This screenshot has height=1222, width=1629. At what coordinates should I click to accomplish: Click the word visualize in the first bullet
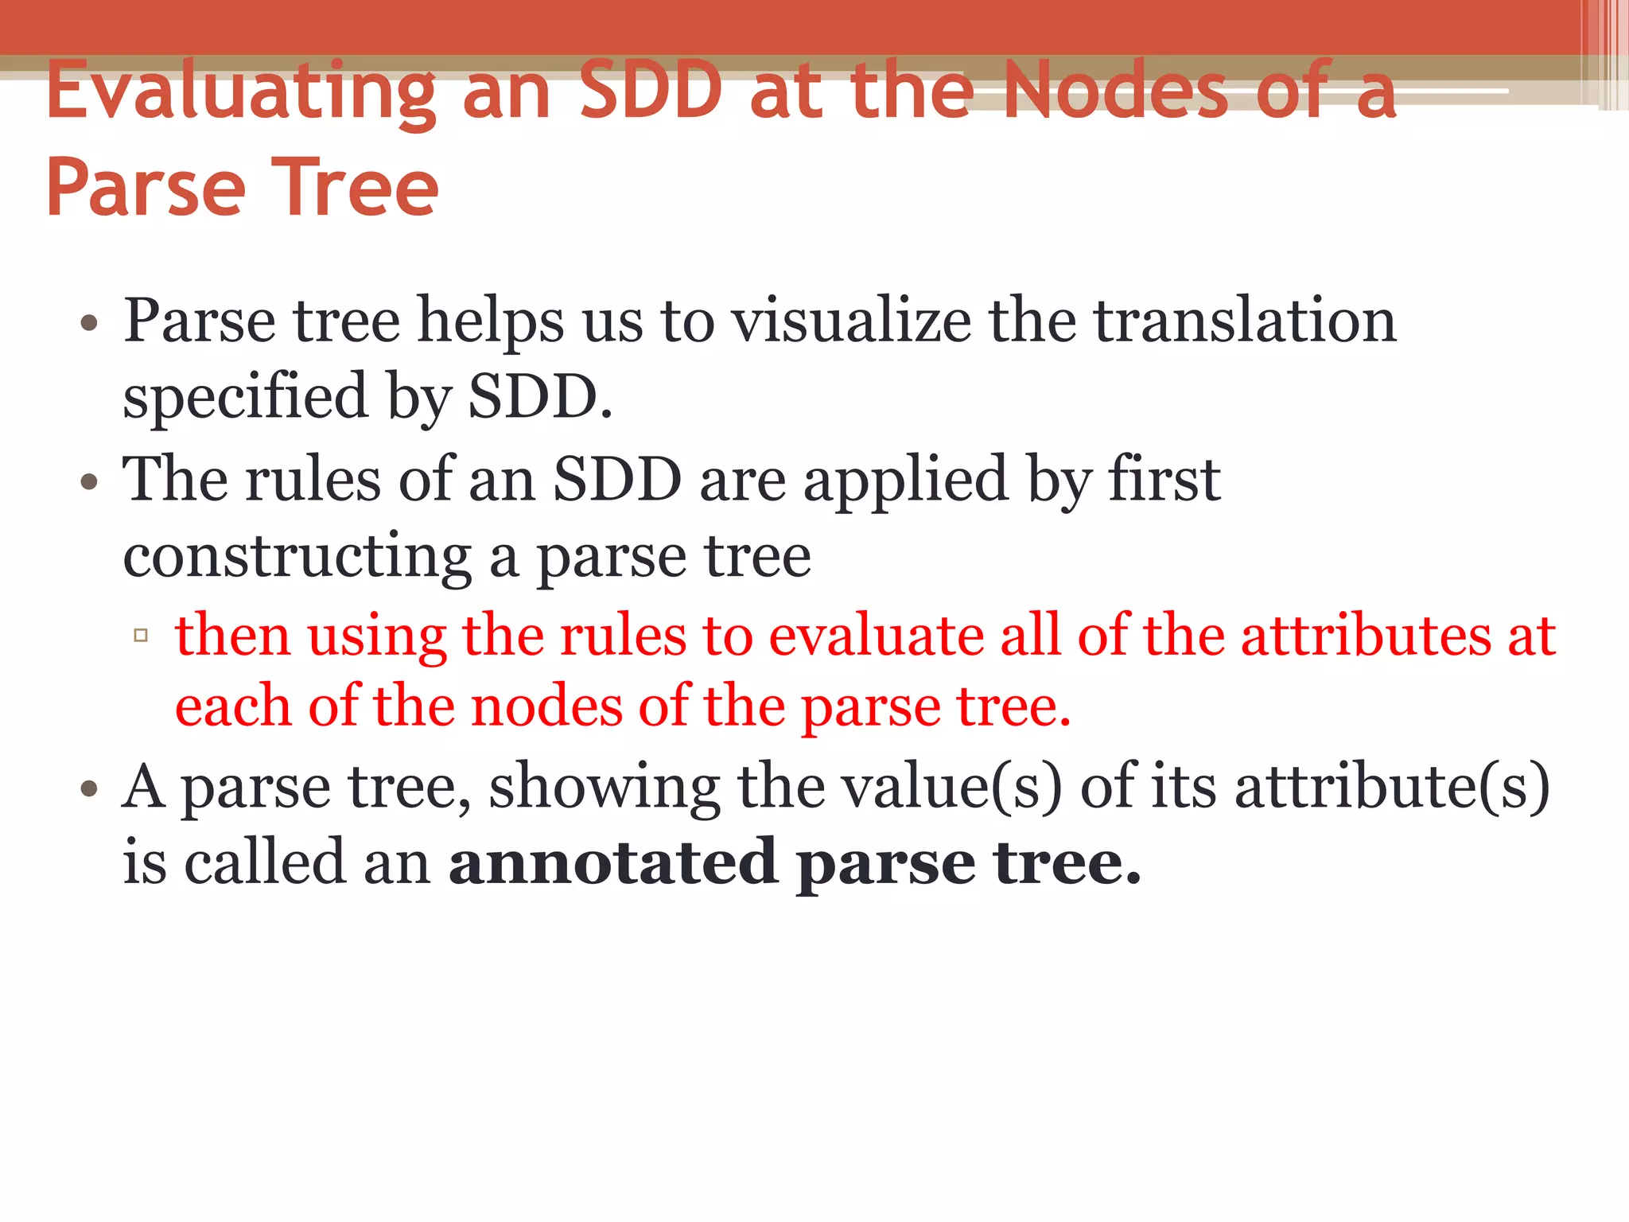coord(850,321)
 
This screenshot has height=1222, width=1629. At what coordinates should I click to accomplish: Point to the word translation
coord(1245,321)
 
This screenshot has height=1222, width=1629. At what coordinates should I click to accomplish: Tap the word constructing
coord(297,556)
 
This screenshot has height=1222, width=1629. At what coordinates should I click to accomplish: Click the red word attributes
coord(1365,636)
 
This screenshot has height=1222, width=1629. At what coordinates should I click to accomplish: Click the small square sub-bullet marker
coord(142,635)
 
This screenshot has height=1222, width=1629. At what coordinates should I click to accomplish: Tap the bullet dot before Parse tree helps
coord(89,324)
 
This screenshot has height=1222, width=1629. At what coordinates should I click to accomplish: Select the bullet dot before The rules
coord(89,482)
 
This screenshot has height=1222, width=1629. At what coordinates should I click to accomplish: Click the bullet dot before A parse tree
coord(89,789)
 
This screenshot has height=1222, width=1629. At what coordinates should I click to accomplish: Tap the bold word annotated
coord(612,862)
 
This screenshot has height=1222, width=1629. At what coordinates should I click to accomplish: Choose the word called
coord(266,862)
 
